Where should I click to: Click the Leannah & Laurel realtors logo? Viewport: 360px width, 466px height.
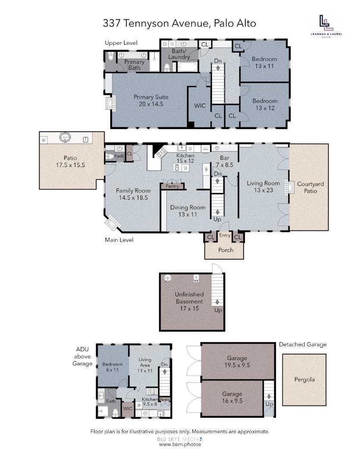click(x=326, y=26)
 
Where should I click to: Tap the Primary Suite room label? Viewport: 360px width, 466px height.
click(x=151, y=101)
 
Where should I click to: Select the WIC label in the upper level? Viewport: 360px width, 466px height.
click(x=200, y=106)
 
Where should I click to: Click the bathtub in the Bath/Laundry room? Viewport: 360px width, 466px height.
click(x=187, y=66)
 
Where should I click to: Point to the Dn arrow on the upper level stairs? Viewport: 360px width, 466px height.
click(x=218, y=68)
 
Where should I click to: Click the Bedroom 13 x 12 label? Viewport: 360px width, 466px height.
click(x=265, y=104)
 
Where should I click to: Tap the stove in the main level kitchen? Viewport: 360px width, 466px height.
click(x=162, y=152)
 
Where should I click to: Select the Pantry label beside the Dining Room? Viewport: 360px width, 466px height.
click(x=172, y=186)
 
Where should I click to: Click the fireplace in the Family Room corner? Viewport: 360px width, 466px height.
click(x=113, y=223)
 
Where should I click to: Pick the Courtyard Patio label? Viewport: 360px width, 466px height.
click(x=310, y=188)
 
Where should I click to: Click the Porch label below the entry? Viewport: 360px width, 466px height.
click(x=226, y=250)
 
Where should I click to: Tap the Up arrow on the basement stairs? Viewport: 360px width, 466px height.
click(x=217, y=302)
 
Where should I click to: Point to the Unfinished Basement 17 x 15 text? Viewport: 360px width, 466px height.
click(x=189, y=301)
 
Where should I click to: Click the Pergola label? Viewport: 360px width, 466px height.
click(x=304, y=380)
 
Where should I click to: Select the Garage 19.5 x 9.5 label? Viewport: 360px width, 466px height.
click(x=237, y=362)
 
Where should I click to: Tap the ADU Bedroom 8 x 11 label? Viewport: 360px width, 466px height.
click(x=112, y=367)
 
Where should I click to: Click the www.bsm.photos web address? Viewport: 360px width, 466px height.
click(x=180, y=444)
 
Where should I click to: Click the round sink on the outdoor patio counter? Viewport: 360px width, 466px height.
click(x=65, y=137)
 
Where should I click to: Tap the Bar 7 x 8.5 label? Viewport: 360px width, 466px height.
click(x=225, y=161)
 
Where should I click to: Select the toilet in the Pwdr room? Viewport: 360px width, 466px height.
click(x=110, y=156)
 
